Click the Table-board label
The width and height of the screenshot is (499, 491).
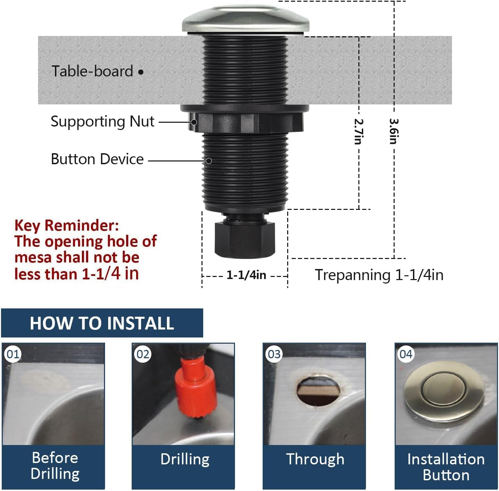pyautogui.click(x=92, y=71)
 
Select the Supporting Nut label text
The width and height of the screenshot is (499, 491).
pyautogui.click(x=102, y=122)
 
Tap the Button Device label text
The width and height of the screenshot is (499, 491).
pyautogui.click(x=97, y=159)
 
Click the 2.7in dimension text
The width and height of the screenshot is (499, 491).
pyautogui.click(x=359, y=131)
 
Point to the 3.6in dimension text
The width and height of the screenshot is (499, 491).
pyautogui.click(x=394, y=131)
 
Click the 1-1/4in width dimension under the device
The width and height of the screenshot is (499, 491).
pyautogui.click(x=246, y=275)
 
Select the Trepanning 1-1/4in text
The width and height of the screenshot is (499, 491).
pyautogui.click(x=379, y=275)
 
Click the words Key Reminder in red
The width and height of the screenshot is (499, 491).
pyautogui.click(x=66, y=225)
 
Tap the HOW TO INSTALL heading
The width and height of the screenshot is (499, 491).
pyautogui.click(x=102, y=323)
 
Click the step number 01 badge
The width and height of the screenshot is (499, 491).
pyautogui.click(x=13, y=354)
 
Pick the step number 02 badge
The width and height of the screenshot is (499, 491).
pyautogui.click(x=143, y=354)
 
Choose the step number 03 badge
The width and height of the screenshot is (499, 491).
pyautogui.click(x=274, y=354)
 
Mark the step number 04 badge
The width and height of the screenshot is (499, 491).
pyautogui.click(x=406, y=354)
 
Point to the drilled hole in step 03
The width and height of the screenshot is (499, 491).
pyautogui.click(x=319, y=391)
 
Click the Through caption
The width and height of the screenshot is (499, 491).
pyautogui.click(x=315, y=460)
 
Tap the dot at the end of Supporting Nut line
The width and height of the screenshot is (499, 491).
pyautogui.click(x=194, y=122)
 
